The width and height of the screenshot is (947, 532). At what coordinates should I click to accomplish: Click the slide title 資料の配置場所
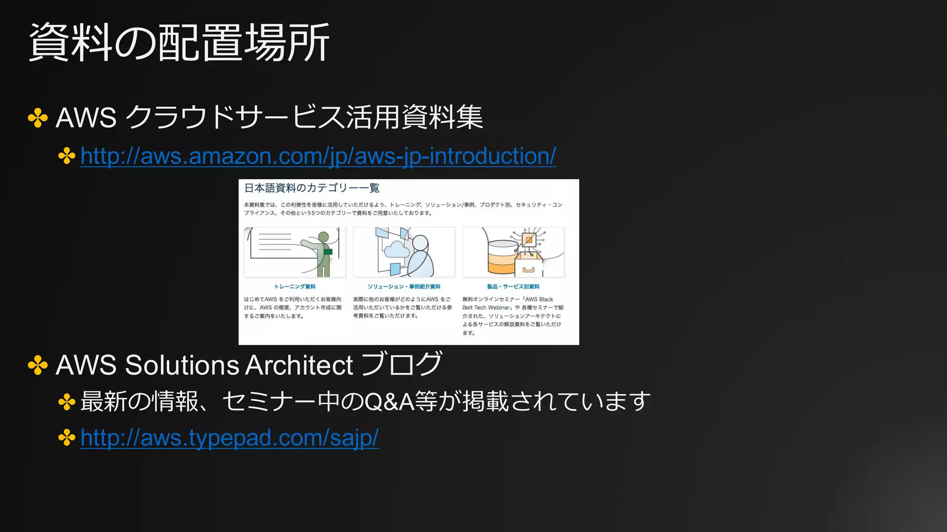pos(179,43)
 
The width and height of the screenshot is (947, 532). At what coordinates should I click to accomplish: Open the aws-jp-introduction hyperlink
pos(318,156)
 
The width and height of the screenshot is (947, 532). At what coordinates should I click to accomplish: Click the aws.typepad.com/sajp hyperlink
pos(229,437)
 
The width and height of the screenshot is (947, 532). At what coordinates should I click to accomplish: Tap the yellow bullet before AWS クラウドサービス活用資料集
pos(38,118)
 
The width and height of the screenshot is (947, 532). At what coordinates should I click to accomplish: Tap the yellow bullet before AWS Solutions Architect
pos(38,366)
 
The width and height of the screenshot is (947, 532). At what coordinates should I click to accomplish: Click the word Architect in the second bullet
pos(299,365)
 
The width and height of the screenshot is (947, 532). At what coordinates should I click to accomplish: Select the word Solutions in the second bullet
pos(182,365)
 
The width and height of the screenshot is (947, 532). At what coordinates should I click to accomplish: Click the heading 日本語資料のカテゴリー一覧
pos(312,188)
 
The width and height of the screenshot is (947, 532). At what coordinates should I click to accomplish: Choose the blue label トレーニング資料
pos(295,287)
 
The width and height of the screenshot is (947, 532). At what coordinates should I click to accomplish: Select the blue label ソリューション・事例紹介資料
pos(404,287)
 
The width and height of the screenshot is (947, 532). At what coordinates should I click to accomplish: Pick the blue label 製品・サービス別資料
pos(513,287)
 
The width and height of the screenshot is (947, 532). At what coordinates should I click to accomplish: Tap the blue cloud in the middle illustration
pos(396,249)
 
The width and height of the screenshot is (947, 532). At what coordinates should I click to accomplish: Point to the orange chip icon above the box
pos(529,239)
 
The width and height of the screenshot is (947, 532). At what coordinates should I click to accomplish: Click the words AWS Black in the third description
pos(539,299)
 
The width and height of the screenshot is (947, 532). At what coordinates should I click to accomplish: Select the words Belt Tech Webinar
pos(486,308)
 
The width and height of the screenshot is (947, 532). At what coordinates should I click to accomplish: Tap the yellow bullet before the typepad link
pos(67,437)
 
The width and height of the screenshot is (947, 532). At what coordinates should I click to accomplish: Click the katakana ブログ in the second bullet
pos(401,364)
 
